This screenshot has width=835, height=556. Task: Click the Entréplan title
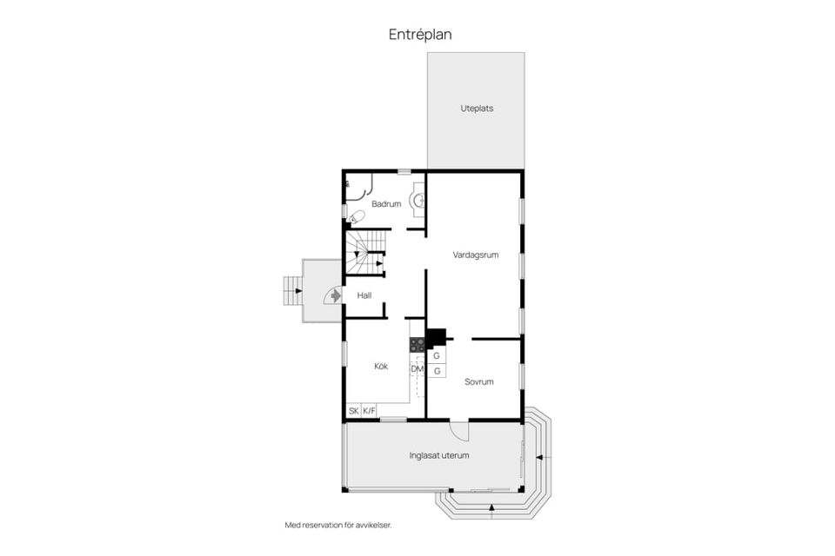tap(420, 35)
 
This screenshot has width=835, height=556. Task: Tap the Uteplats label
tap(477, 109)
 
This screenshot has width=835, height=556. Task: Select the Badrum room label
tap(386, 204)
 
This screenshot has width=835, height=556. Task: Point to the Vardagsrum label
tap(476, 255)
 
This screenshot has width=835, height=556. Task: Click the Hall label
tap(364, 295)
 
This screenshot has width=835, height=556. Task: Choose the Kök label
tap(381, 366)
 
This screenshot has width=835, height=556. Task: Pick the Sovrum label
tap(478, 381)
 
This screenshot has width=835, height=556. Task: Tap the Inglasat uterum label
tap(438, 455)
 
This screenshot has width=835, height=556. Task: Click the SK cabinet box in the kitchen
tap(354, 411)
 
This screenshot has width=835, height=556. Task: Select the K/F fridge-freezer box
tap(369, 411)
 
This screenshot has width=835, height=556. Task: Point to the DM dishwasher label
tap(417, 368)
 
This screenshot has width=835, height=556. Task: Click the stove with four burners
tap(417, 345)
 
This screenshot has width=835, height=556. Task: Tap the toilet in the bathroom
tap(356, 217)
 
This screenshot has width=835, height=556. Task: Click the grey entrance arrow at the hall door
tap(335, 295)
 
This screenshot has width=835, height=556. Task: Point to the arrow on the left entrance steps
tap(298, 291)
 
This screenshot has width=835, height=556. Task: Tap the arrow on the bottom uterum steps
tap(491, 508)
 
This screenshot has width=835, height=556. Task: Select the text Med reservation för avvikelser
tap(338, 525)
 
